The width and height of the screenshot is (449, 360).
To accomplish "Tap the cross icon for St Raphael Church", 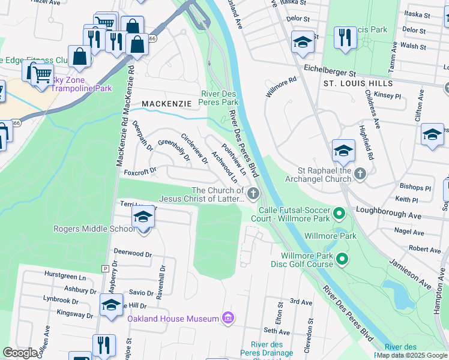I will point(360,174).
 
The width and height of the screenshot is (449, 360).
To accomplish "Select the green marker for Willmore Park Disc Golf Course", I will point(342,259).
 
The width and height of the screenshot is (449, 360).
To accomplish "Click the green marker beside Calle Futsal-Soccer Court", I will point(339,214).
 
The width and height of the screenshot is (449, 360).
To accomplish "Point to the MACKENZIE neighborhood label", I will point(166,104).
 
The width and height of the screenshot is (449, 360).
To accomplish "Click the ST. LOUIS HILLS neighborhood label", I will point(358,83).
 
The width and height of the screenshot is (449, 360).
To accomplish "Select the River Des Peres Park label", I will point(219,98).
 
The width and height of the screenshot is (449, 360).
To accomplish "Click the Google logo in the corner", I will point(20,352).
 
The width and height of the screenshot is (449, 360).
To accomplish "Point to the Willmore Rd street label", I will point(282,87).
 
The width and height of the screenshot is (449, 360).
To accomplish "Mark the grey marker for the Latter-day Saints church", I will point(253,193).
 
